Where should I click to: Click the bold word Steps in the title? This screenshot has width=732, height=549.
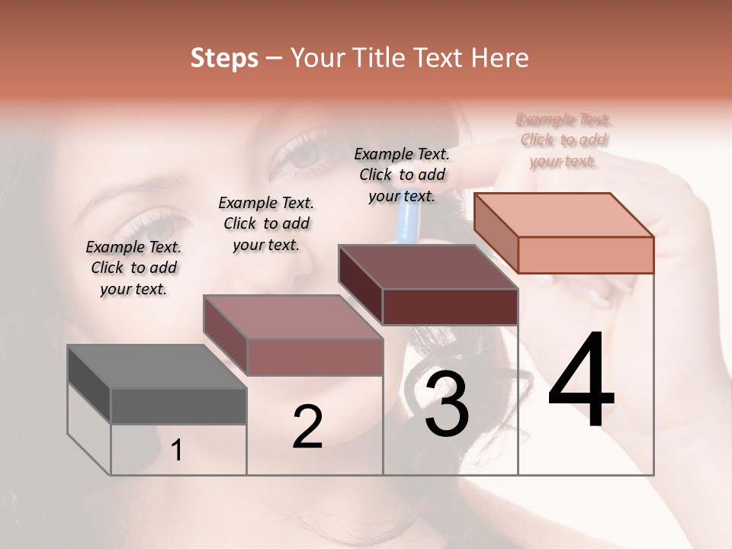click(x=224, y=58)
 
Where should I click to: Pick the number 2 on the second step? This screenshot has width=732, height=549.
click(x=307, y=427)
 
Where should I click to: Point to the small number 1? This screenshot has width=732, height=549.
click(x=177, y=450)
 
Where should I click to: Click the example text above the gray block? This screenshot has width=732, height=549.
click(x=133, y=268)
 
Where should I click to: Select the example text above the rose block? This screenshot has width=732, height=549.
click(x=266, y=223)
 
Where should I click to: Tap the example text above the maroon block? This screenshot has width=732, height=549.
click(x=402, y=175)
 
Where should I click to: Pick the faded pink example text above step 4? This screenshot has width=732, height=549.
click(x=563, y=140)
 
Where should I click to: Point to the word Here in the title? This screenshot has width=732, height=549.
click(x=500, y=58)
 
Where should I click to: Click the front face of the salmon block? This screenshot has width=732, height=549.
click(x=586, y=255)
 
